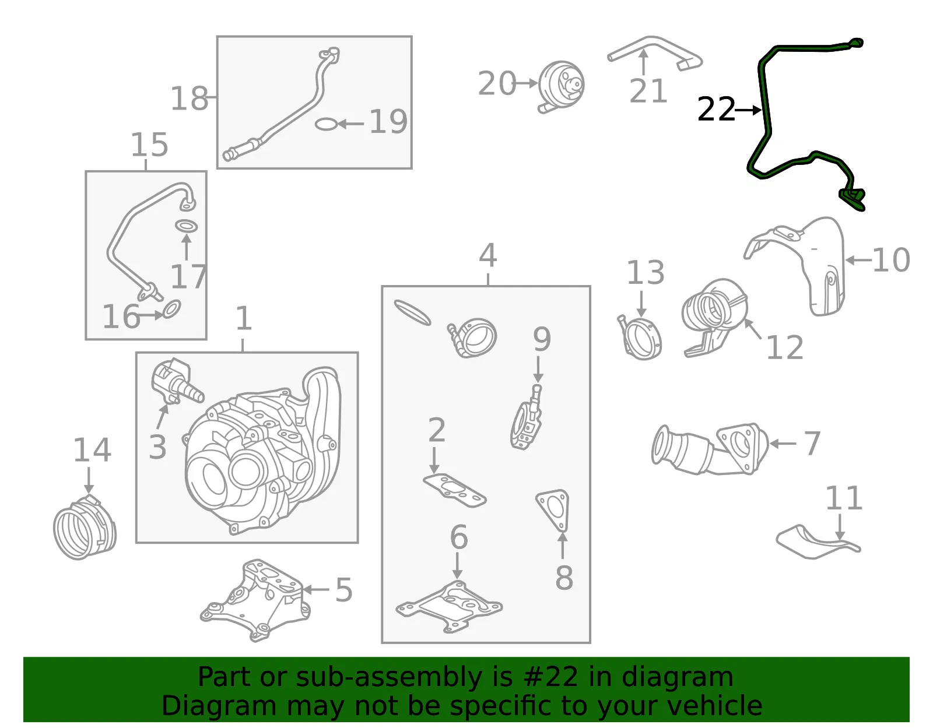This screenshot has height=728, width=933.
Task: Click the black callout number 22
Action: coord(716,110)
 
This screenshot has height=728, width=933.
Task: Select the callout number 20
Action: coord(497,83)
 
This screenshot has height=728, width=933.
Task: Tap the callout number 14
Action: coord(92,450)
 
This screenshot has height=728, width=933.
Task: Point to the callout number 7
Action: coord(812,443)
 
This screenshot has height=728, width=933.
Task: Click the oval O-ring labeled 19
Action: coord(325,124)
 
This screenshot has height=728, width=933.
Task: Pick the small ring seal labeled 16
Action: coord(172,310)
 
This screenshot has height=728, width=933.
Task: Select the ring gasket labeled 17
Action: coord(187,226)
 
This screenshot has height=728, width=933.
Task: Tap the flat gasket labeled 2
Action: coord(454,490)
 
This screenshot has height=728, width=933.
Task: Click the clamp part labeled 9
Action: coord(527,417)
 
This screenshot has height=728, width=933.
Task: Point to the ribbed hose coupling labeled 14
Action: coord(85,527)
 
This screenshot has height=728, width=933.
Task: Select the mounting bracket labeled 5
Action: coord(255,600)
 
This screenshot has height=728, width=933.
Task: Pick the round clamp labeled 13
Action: coord(640,339)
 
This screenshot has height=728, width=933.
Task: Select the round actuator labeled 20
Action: coord(560,86)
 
